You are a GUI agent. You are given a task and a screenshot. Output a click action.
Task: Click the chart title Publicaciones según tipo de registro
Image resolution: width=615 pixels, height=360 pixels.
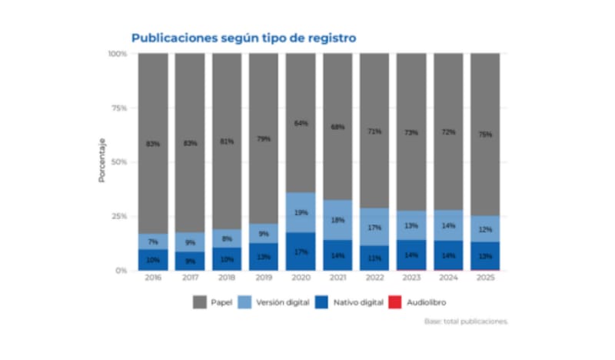point(243,37)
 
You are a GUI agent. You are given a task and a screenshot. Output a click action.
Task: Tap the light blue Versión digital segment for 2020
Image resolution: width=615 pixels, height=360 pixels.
point(301,212)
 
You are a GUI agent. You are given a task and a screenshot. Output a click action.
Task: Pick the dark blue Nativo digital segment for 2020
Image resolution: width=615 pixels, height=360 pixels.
point(301,252)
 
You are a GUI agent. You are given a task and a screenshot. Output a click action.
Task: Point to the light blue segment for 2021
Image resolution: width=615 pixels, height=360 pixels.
point(337,220)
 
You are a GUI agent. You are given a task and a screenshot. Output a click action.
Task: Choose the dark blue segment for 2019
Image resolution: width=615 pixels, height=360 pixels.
point(264,257)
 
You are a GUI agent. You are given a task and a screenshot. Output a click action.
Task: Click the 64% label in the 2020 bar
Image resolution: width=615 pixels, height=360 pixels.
point(301,123)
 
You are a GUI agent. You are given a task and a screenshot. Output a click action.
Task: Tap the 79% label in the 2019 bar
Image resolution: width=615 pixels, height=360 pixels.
point(264,138)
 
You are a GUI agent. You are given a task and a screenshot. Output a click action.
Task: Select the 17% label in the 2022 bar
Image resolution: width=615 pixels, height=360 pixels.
point(374,228)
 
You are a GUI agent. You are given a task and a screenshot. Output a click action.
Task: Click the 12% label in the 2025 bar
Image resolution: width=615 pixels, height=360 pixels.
point(485,229)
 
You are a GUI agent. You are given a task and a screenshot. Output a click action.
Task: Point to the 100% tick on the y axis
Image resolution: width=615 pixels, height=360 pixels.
point(117,54)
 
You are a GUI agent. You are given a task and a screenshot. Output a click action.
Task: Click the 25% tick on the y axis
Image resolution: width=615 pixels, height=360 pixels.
point(118,216)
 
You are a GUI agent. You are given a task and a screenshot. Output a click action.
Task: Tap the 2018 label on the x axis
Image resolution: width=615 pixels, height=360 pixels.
point(227,278)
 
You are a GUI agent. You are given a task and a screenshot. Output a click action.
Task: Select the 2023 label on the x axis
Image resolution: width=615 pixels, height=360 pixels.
point(411,278)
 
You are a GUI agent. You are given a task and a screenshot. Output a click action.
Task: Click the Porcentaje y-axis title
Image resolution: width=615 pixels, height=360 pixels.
point(101,162)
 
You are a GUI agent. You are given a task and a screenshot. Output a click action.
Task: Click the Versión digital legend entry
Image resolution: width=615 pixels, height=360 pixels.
point(278,303)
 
